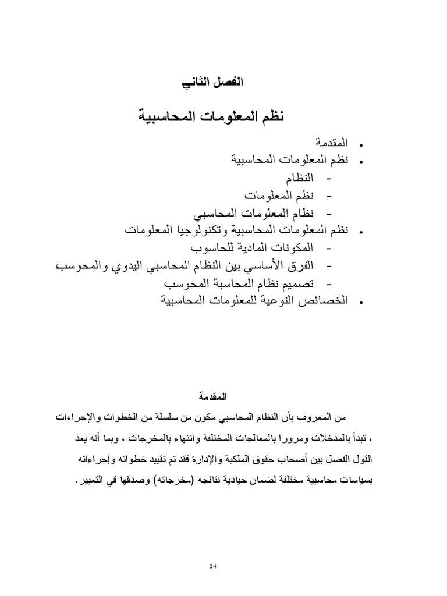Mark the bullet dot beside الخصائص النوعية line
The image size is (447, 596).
pos(361,303)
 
